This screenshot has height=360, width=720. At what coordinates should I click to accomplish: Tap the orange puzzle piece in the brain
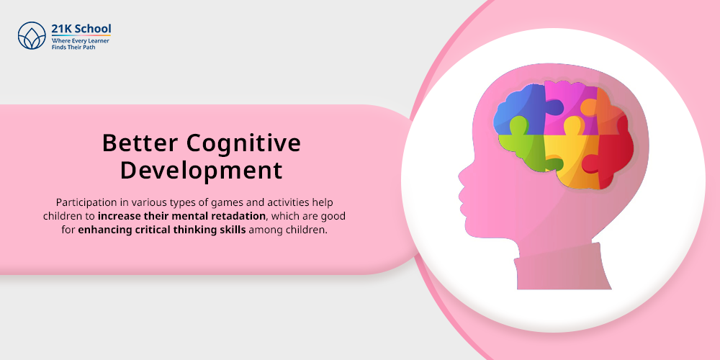click(607, 110)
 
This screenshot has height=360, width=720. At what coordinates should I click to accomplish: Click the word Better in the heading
click(140, 143)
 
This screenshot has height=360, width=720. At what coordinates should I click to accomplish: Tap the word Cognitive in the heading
click(243, 144)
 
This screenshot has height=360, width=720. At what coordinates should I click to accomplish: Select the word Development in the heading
click(201, 170)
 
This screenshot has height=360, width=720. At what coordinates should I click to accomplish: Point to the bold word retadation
click(243, 216)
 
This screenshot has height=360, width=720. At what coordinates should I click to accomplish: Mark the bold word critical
click(153, 230)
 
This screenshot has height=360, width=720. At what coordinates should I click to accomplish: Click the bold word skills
click(233, 230)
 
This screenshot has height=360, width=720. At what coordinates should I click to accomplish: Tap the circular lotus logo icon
click(32, 35)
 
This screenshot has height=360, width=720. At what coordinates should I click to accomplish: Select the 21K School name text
click(81, 29)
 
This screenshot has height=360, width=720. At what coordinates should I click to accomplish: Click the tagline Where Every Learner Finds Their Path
click(81, 44)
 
